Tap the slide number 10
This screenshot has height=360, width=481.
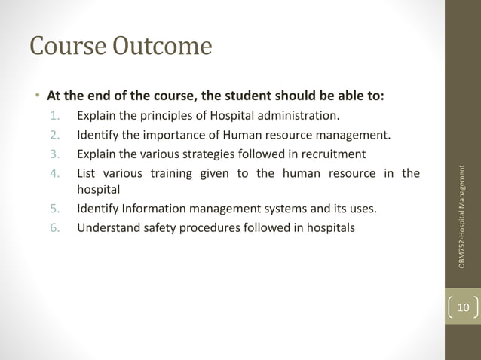pyautogui.click(x=463, y=307)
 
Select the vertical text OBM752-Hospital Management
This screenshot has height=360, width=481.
pyautogui.click(x=464, y=215)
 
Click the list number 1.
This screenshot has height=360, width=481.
pyautogui.click(x=54, y=116)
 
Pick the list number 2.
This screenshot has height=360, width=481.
pyautogui.click(x=54, y=136)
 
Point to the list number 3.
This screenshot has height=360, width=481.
pyautogui.click(x=54, y=155)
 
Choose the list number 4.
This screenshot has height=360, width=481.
pyautogui.click(x=54, y=174)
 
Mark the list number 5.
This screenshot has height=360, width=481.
pyautogui.click(x=54, y=209)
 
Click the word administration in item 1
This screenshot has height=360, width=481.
pyautogui.click(x=302, y=116)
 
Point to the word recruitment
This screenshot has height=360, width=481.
pyautogui.click(x=331, y=155)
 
